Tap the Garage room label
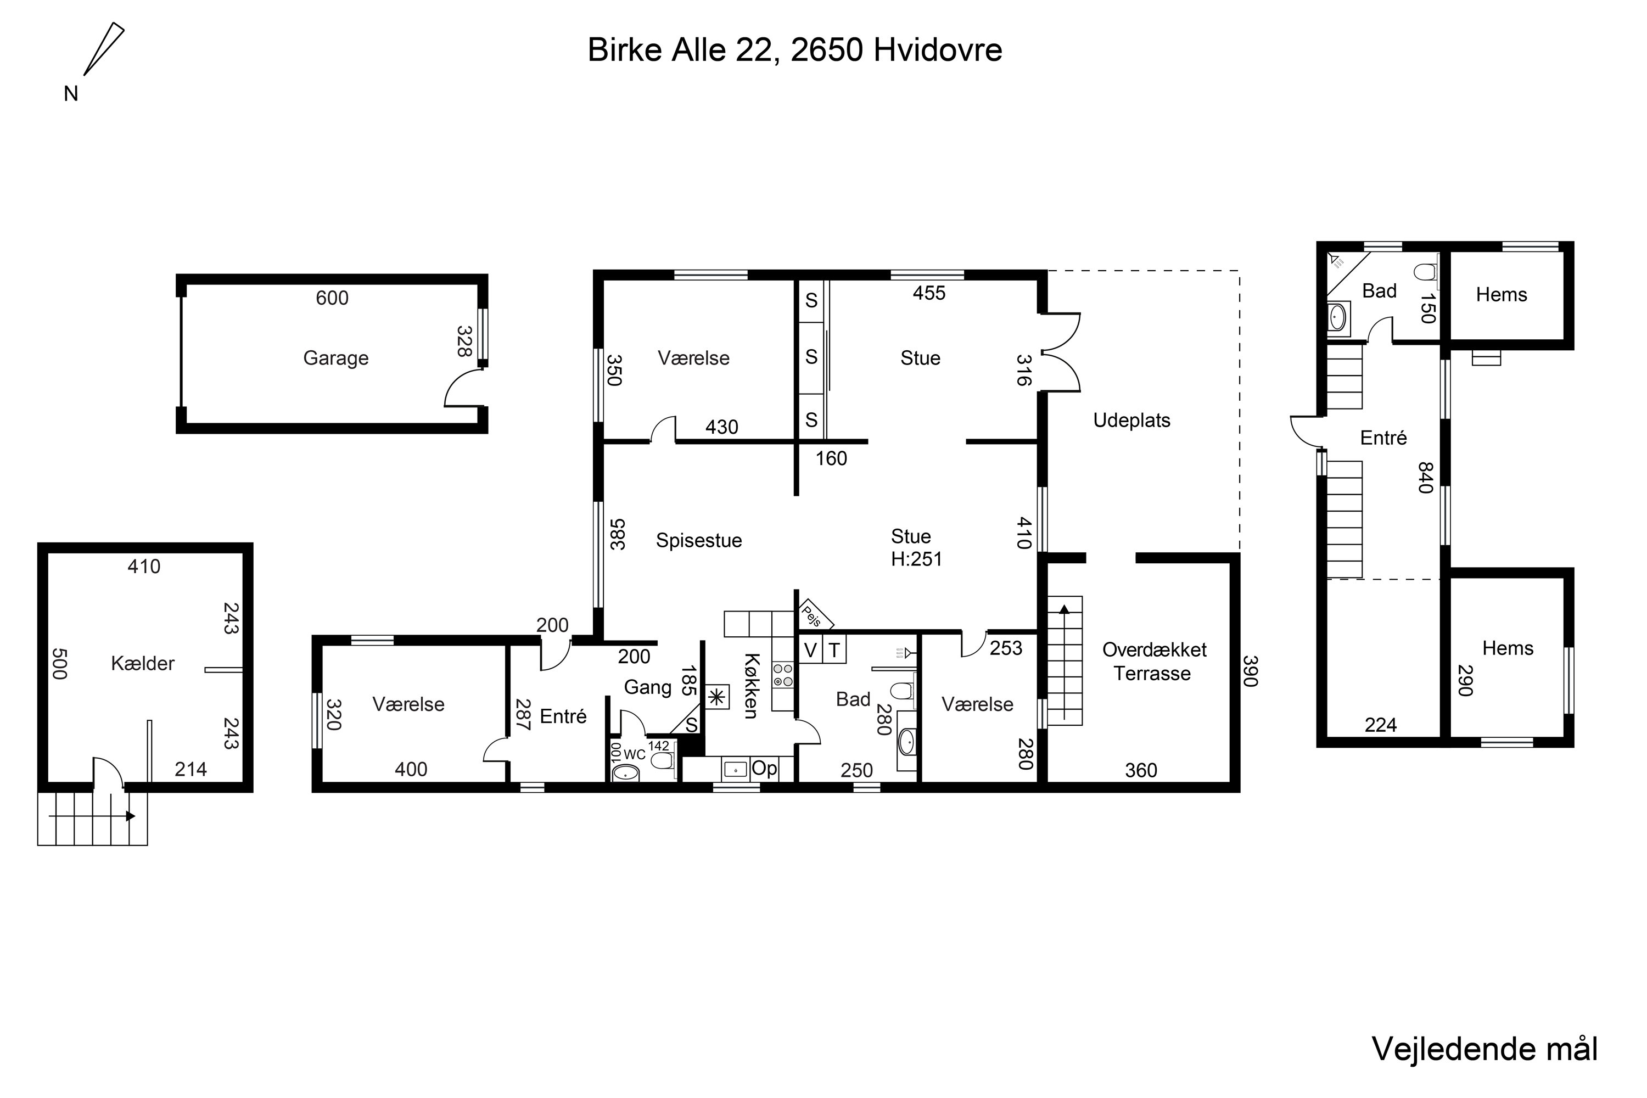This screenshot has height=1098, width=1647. [x=335, y=358]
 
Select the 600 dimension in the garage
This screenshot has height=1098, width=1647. [x=332, y=298]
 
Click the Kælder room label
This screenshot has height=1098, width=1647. [x=143, y=663]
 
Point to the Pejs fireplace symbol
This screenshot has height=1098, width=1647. [x=814, y=615]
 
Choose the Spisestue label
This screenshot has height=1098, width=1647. [x=699, y=541]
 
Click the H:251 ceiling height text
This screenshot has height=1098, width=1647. [x=917, y=559]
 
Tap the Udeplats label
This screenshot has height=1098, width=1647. [x=1131, y=420]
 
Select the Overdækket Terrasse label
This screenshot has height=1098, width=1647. [x=1154, y=662]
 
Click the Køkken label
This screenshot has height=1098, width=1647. [x=750, y=686]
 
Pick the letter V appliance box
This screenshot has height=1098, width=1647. [x=810, y=651]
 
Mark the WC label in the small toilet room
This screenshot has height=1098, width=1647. [x=635, y=755]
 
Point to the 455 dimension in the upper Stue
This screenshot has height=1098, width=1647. [x=929, y=293]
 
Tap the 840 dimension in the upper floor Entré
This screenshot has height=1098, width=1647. [x=1426, y=478]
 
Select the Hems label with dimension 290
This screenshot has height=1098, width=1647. [x=1508, y=648]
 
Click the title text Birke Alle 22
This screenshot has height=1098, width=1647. [x=683, y=51]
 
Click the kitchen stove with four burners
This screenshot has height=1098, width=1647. [x=783, y=675]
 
